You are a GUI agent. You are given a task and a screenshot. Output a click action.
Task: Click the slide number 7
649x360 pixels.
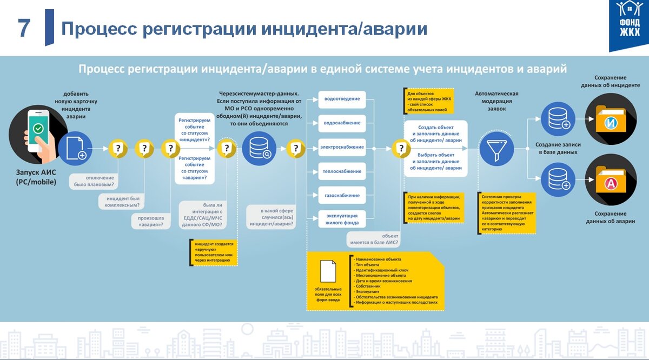point(24,28)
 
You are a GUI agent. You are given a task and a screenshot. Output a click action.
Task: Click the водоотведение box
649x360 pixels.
point(342,99)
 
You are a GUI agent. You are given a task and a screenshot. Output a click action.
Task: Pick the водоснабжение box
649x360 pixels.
point(342,123)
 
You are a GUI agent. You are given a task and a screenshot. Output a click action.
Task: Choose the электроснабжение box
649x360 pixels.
point(342,148)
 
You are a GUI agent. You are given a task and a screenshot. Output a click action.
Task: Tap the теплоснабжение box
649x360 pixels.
point(342,171)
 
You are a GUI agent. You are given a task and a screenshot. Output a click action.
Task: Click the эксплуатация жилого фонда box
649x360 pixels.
point(342,218)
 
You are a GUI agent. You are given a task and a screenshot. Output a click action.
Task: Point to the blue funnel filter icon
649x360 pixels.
point(496,148)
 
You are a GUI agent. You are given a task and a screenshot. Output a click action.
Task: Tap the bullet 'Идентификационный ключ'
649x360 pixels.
point(381,270)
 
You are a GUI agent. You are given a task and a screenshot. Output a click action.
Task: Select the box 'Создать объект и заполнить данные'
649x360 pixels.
point(435,134)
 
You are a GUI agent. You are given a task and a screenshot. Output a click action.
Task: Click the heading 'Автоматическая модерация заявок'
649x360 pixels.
point(496,101)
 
